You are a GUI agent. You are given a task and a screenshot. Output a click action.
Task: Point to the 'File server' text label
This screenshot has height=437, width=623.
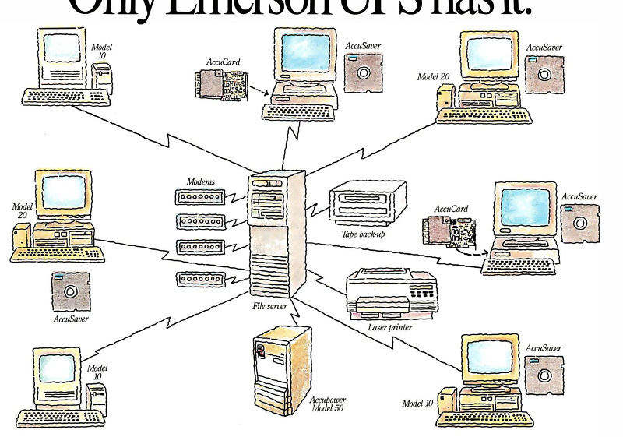[x=270, y=306]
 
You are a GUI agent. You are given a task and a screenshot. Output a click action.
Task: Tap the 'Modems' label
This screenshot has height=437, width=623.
[x=201, y=181]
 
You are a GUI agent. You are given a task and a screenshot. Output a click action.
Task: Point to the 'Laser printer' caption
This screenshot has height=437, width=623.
[x=389, y=328]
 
